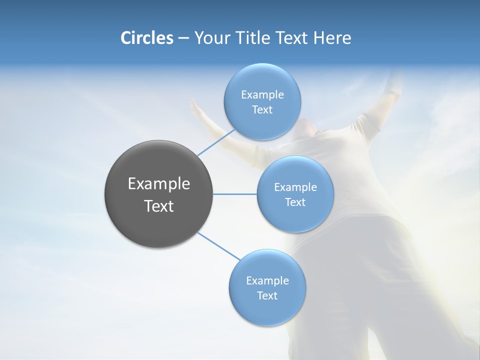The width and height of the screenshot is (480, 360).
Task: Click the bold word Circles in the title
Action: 146,38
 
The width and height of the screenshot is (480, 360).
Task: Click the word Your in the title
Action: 212,38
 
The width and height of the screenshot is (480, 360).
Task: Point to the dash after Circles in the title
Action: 183,38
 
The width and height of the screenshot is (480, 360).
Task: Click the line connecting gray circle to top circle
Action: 216,142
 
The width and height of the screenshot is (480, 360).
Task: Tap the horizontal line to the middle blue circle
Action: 235,194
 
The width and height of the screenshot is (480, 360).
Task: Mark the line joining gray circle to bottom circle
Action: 219,246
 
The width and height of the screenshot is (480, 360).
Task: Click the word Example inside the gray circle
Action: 159,184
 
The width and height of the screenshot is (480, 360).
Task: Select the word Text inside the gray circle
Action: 159,206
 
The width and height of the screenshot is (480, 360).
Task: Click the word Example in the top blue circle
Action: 262,94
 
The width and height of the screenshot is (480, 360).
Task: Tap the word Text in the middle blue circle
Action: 295,202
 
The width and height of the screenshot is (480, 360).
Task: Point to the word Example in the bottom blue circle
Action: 267,280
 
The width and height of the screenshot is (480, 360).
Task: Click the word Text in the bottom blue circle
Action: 267,295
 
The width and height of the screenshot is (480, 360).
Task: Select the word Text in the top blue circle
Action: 262,109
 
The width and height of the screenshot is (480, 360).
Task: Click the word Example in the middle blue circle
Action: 295,187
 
